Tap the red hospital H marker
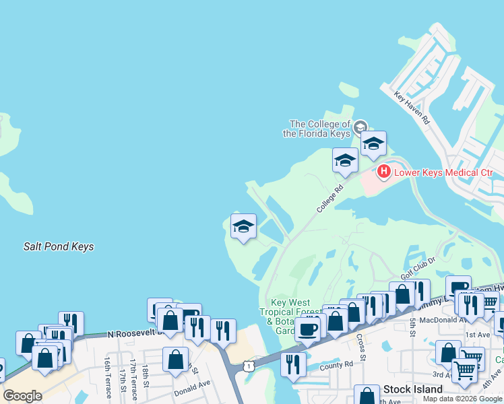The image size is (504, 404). pyautogui.click(x=383, y=172)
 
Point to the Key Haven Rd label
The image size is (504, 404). pyautogui.click(x=412, y=108)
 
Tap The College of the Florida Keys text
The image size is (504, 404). pyautogui.click(x=320, y=128)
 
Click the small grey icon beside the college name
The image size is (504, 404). pyautogui.click(x=360, y=126)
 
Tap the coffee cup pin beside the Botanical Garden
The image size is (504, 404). pyautogui.click(x=307, y=330)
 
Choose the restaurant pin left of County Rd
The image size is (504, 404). pyautogui.click(x=293, y=364)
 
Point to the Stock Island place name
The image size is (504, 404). pyautogui.click(x=413, y=389)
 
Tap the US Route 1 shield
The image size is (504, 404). pyautogui.click(x=249, y=365)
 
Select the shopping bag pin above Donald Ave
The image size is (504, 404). pyautogui.click(x=175, y=359)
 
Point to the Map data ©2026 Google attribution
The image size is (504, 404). pyautogui.click(x=462, y=399)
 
